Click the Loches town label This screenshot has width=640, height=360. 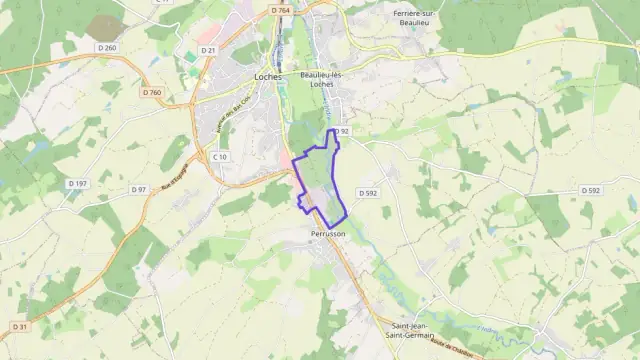[269, 77]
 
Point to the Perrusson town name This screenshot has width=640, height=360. [327, 233]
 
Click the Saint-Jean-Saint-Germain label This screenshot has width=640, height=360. [413, 331]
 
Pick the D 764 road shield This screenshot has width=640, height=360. [280, 10]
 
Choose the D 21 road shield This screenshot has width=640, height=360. [207, 50]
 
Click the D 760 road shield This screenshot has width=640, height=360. [151, 93]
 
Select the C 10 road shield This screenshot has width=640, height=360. [221, 157]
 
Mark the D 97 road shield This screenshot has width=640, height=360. [138, 190]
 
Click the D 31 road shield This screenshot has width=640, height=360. [18, 326]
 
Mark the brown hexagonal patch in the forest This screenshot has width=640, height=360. [103, 27]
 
